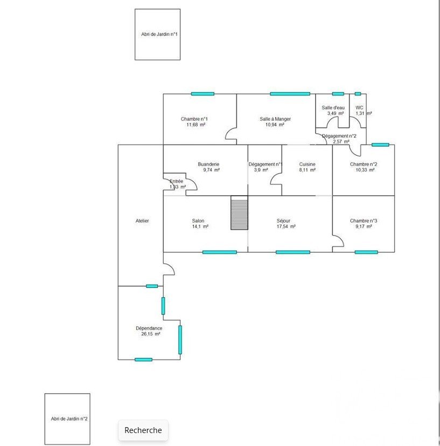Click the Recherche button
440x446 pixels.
coord(143,430)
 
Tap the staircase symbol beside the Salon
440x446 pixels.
coord(239,212)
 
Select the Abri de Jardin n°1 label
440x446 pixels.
coord(159,34)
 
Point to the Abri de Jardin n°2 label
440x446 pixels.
coord(69,418)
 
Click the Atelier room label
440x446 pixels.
coord(142,221)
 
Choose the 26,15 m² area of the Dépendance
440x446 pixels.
coord(151,334)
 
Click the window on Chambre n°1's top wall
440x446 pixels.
coord(202,94)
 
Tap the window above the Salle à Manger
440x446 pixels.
coord(290,94)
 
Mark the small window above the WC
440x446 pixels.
coord(358,94)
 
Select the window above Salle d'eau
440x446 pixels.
coord(338,94)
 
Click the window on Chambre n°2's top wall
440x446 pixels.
coord(380,145)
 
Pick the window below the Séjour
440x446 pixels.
coord(293,252)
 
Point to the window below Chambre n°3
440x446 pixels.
coord(366,252)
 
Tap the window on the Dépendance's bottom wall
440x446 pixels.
coord(143,360)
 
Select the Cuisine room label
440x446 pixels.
coord(307,164)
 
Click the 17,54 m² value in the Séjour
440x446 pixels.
coord(286,227)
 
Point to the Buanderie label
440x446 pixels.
coord(208,164)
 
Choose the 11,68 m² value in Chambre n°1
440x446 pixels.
coord(195,125)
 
